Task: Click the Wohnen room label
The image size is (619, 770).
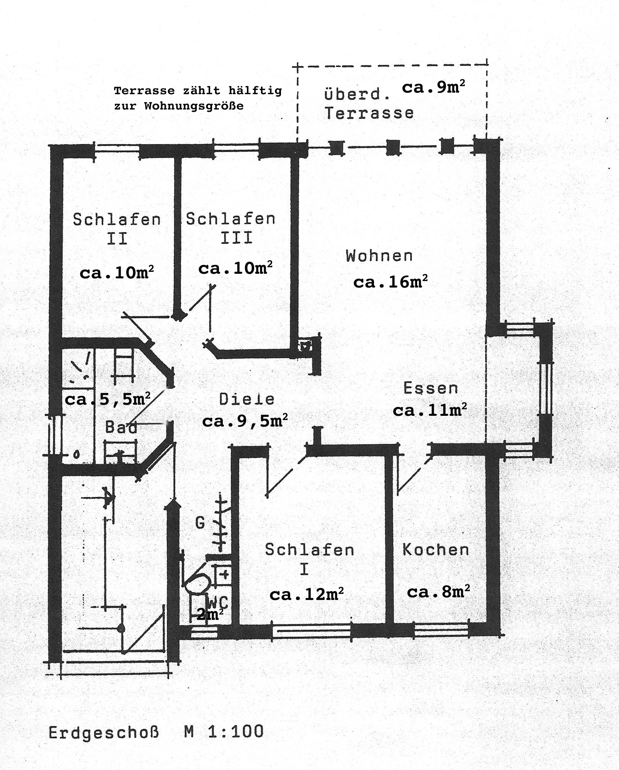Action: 379,256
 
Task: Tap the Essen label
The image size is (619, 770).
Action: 431,388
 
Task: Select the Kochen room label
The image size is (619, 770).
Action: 436,550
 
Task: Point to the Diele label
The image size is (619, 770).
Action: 247,399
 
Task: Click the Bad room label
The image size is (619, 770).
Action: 121,427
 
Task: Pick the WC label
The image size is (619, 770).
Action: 218,603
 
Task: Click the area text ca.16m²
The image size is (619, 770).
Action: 390,282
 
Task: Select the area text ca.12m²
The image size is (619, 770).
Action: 306,594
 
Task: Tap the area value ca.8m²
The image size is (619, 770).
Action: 438,592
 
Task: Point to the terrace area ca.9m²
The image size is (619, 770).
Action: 433,87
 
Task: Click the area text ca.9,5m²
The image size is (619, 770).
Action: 245,421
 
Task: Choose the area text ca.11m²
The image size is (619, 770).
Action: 430,410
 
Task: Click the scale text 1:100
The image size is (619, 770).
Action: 236,731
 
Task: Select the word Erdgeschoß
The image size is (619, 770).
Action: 103,733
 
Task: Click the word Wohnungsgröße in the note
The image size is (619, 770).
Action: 194,106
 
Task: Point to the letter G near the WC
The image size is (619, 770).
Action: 200,523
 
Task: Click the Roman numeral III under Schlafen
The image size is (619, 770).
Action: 237,238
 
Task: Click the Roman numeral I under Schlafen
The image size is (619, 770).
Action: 304,569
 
